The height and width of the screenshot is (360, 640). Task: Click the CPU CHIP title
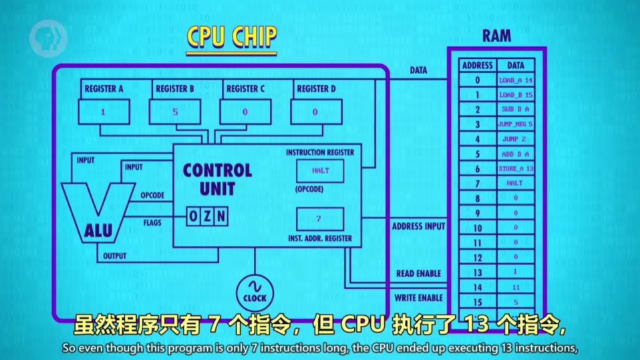(231, 37)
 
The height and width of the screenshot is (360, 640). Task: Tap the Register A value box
(104, 112)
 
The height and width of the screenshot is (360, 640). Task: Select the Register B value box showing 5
(174, 112)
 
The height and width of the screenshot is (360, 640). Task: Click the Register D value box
(315, 112)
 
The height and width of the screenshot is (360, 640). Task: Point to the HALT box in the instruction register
(320, 170)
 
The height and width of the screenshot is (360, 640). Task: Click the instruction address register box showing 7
(319, 219)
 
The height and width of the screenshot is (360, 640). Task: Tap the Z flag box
(207, 216)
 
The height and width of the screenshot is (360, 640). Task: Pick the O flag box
(193, 216)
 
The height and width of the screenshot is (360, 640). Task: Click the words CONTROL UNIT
(218, 179)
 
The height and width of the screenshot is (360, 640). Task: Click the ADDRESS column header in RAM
(477, 65)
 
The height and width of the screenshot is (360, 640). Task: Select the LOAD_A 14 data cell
(516, 80)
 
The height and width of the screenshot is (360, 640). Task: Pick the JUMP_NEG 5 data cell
(516, 124)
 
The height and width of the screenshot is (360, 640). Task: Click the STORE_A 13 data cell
(516, 168)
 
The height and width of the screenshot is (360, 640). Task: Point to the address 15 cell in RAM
(477, 301)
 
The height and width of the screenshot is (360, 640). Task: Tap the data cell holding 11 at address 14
(516, 286)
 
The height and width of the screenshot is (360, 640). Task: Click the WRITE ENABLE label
(418, 297)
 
